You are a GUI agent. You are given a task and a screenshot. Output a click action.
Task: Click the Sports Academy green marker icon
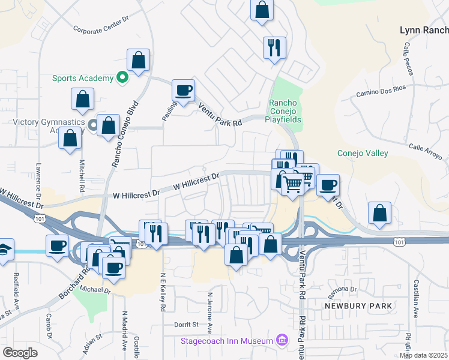[121, 78]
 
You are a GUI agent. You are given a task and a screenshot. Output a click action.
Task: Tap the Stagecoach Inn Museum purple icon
[281, 341]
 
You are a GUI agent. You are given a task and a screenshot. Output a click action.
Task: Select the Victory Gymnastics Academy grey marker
[93, 125]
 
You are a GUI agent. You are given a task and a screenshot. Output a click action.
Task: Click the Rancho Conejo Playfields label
[285, 111]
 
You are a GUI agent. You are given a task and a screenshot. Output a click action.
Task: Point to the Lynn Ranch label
[424, 30]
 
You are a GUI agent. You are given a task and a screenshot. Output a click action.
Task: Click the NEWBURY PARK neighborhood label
[358, 306]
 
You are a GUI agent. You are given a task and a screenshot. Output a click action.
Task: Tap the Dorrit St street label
[187, 325]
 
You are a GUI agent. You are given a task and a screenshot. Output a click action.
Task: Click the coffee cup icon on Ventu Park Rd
[183, 91]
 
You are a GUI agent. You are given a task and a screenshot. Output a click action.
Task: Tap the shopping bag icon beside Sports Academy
[138, 60]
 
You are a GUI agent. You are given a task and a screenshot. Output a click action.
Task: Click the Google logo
[19, 353]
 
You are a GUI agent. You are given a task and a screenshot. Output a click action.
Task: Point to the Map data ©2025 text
[423, 355]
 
